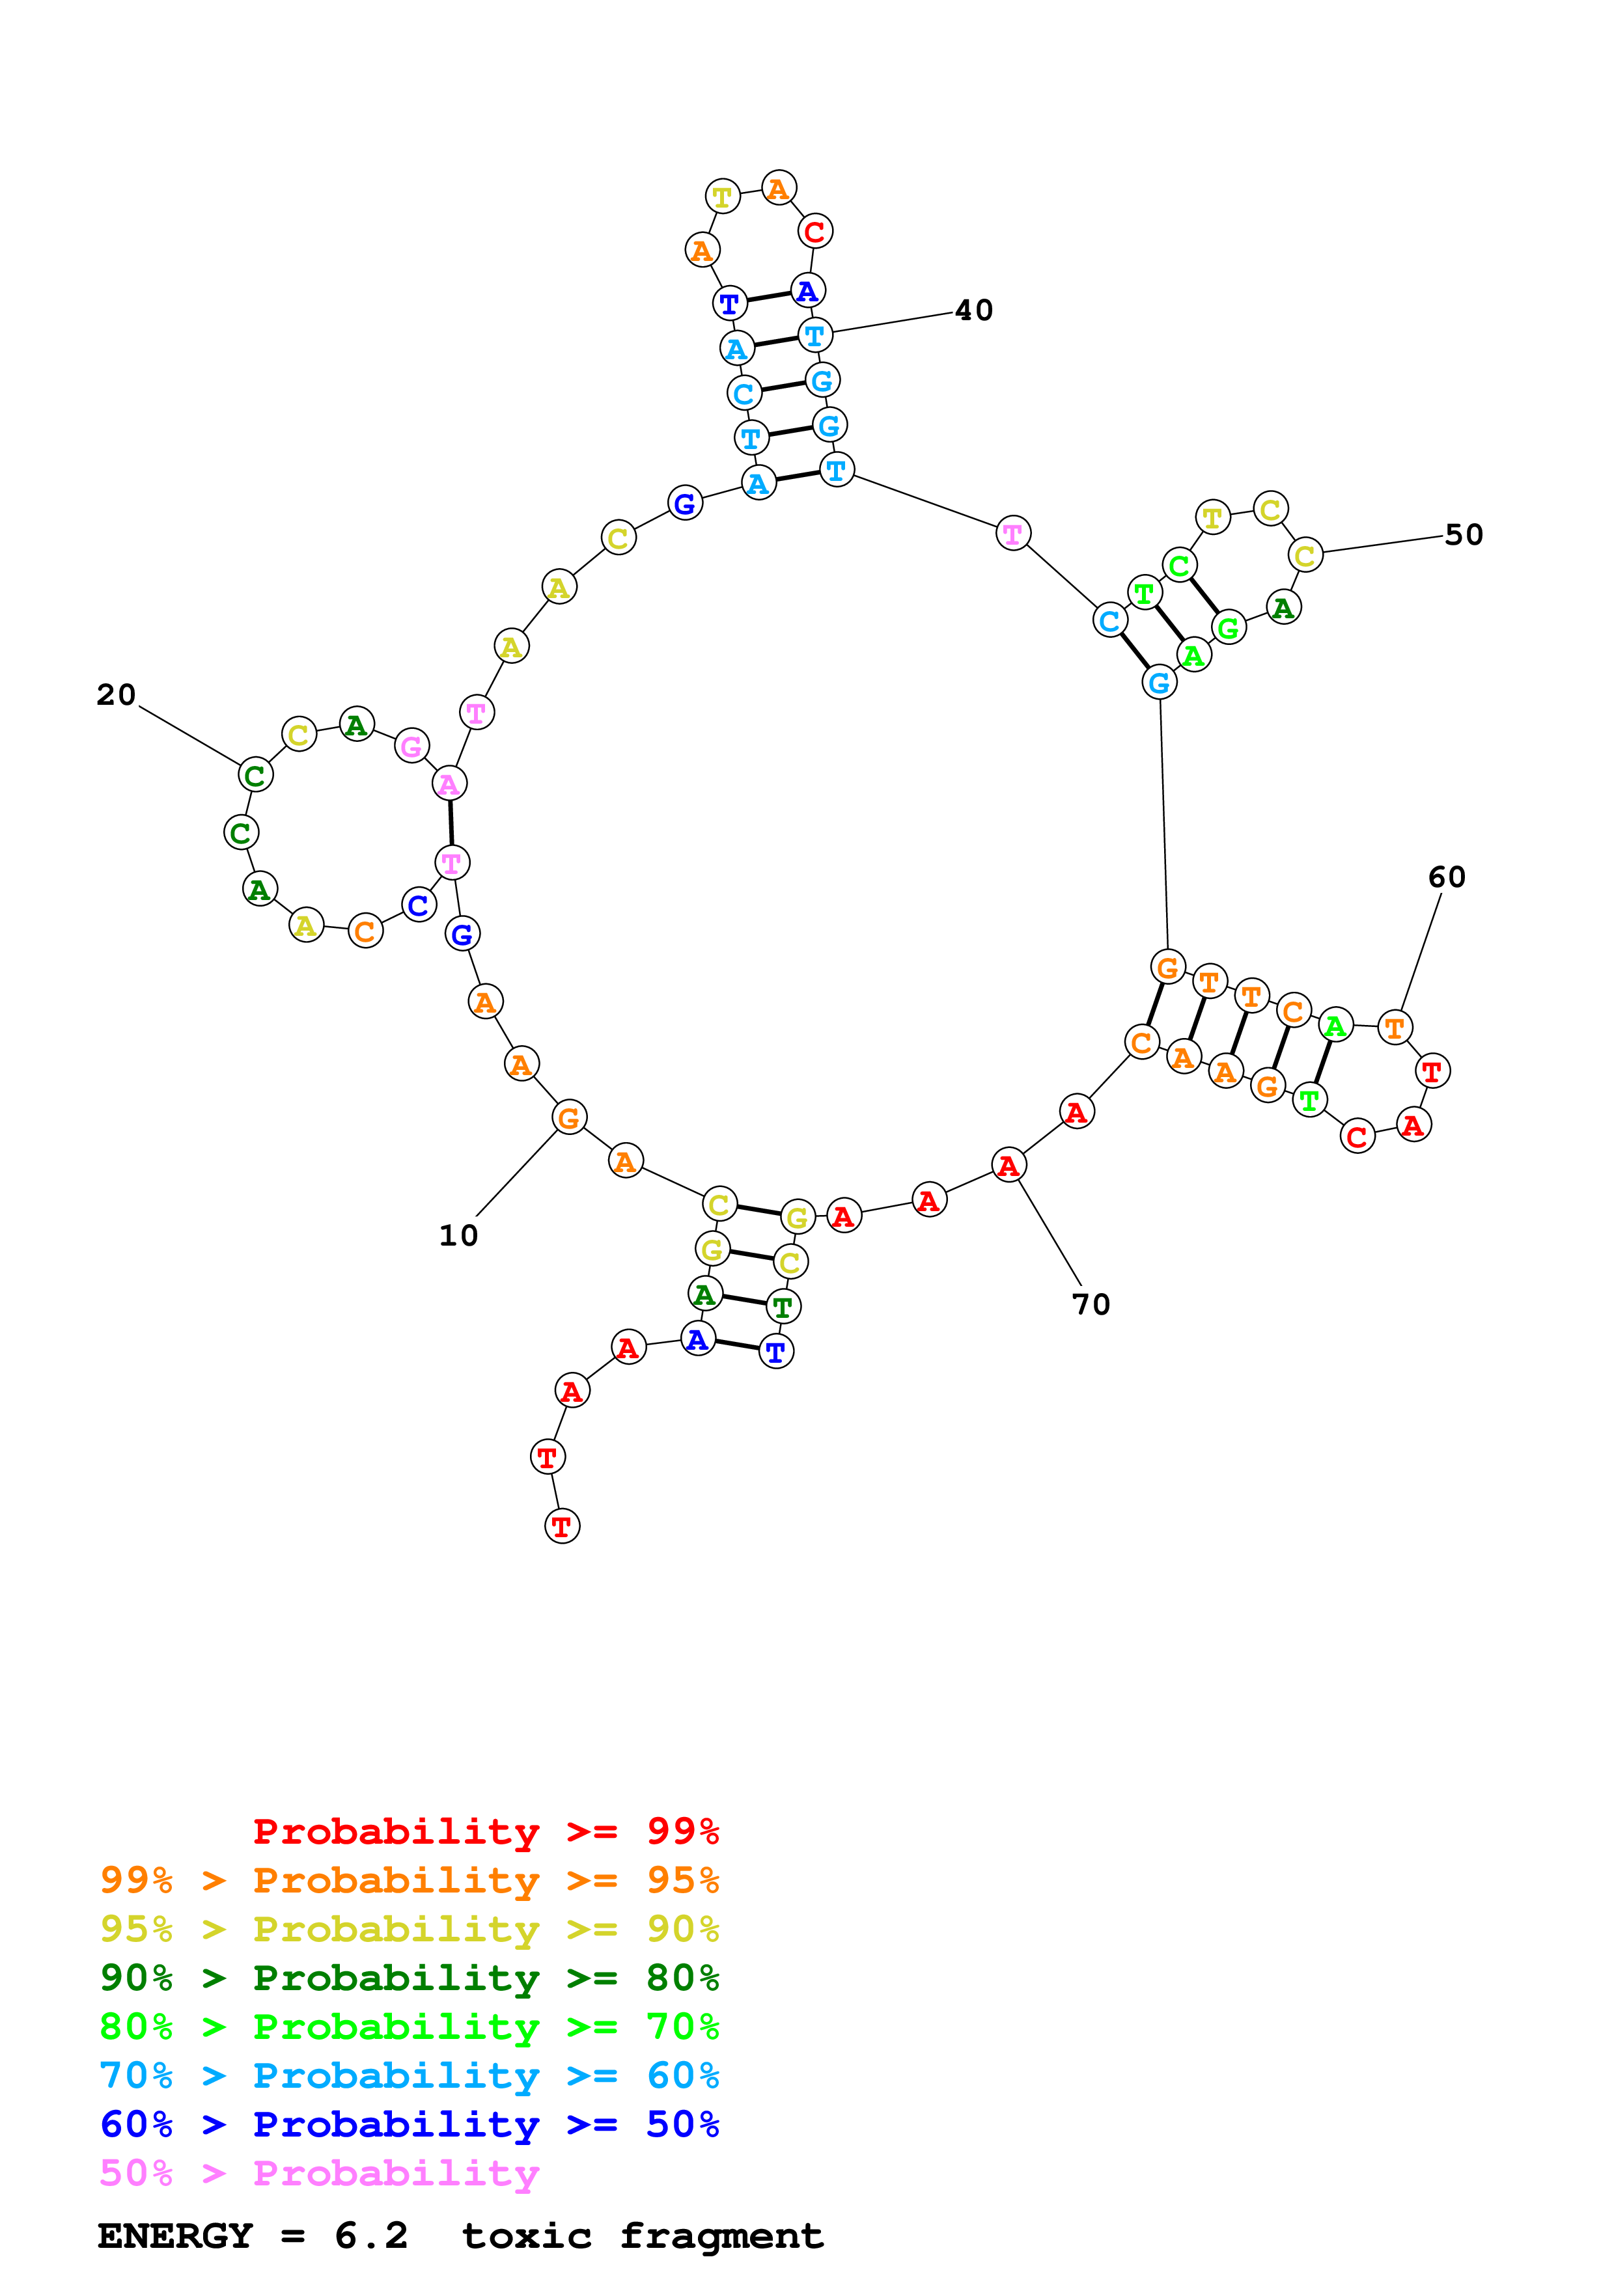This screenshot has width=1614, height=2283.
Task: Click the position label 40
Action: pos(973,310)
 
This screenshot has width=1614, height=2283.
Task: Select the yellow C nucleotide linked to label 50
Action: pos(1305,556)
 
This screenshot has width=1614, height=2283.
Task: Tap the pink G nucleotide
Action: pos(411,746)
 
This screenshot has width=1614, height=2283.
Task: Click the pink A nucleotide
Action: pos(449,784)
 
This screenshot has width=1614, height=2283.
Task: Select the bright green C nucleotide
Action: pos(1180,566)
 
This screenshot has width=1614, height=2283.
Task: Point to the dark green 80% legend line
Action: pos(410,1978)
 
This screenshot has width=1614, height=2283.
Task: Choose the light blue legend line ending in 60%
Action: pos(410,2075)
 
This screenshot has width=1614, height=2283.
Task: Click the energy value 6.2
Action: pos(371,2236)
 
